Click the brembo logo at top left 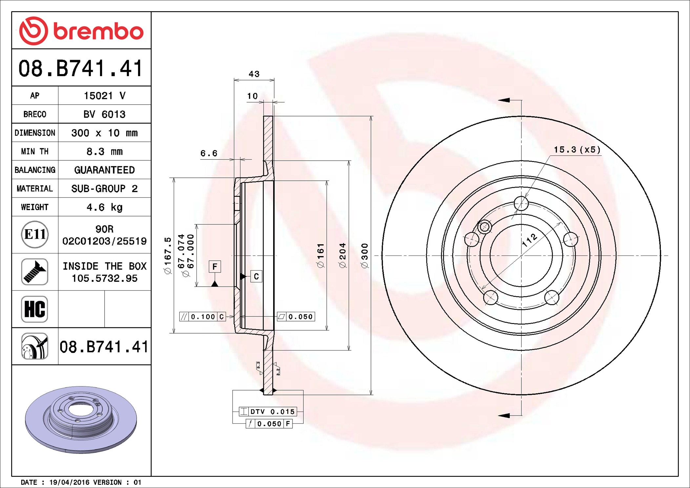81,31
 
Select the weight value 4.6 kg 104,207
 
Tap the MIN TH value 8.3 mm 104,152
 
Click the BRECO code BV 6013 104,114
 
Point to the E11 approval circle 35,234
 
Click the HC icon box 35,309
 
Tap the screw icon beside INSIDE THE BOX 35,272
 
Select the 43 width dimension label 254,74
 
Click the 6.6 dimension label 209,153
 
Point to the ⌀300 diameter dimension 365,256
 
